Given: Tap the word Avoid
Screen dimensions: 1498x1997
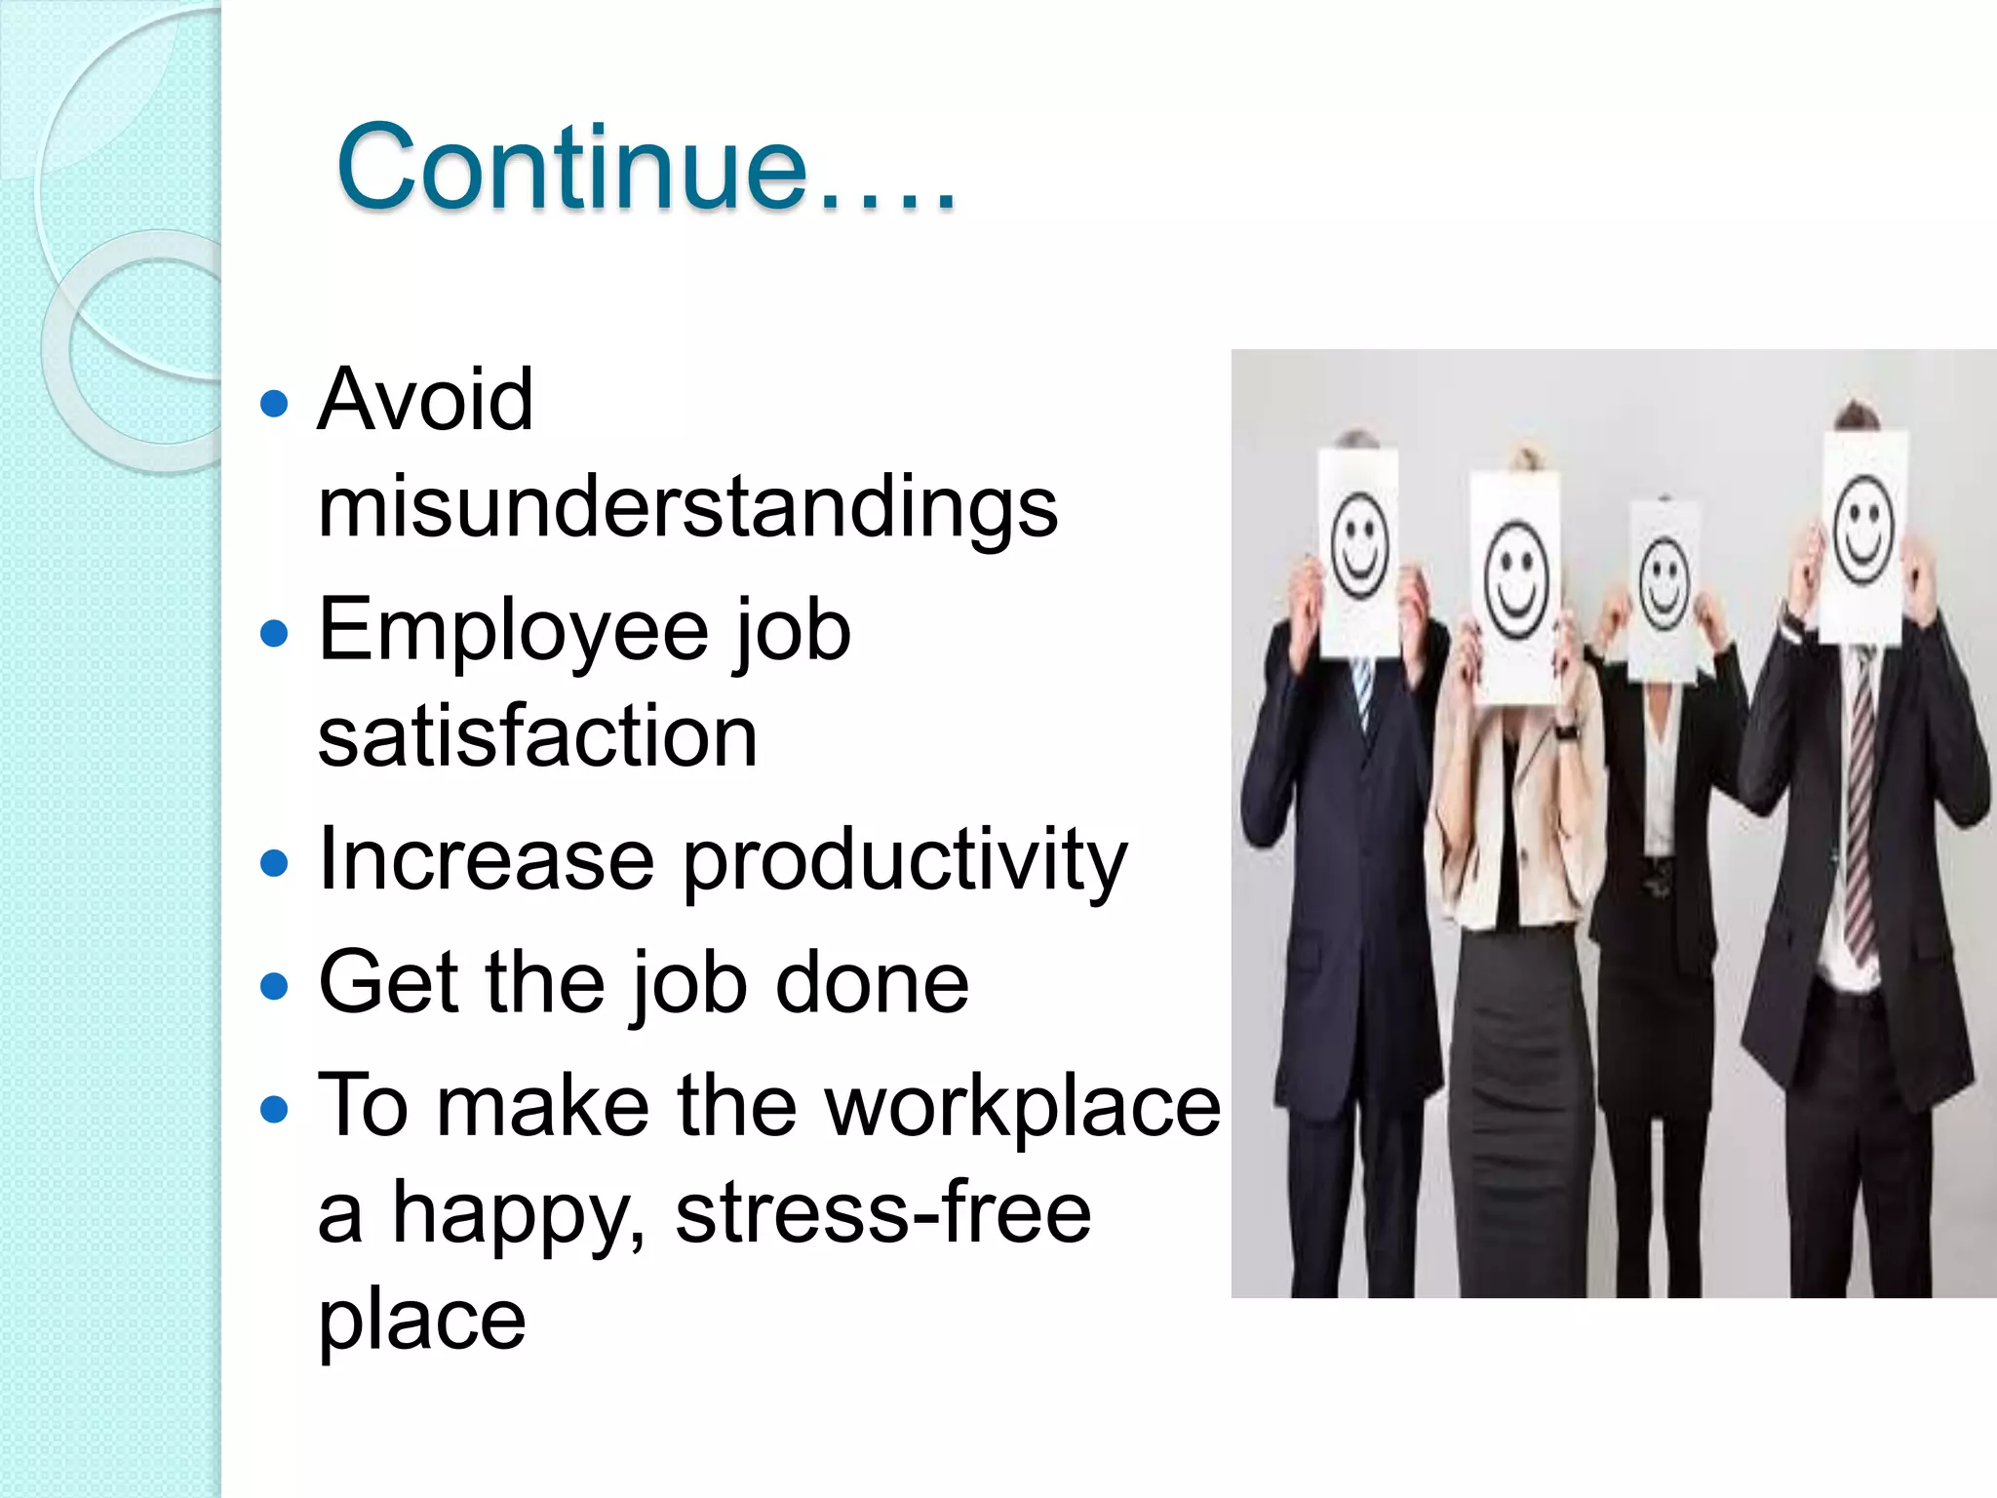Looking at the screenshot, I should pyautogui.click(x=425, y=399).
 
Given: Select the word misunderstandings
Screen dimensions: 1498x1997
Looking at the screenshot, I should pyautogui.click(x=687, y=507).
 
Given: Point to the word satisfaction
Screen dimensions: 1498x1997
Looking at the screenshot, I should pyautogui.click(x=537, y=736).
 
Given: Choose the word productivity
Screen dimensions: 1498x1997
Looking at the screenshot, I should pyautogui.click(x=904, y=860).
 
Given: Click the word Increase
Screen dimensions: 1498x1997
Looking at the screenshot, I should pyautogui.click(x=486, y=860).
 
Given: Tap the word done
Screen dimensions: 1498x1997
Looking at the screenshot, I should pyautogui.click(x=872, y=983).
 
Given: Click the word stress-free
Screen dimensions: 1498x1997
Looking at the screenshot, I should pyautogui.click(x=882, y=1213).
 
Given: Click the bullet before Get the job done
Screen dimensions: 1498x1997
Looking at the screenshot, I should pyautogui.click(x=276, y=986).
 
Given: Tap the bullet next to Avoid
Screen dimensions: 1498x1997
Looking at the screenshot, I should pyautogui.click(x=276, y=403).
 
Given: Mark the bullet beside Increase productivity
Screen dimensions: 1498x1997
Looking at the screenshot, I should pyautogui.click(x=276, y=863).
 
